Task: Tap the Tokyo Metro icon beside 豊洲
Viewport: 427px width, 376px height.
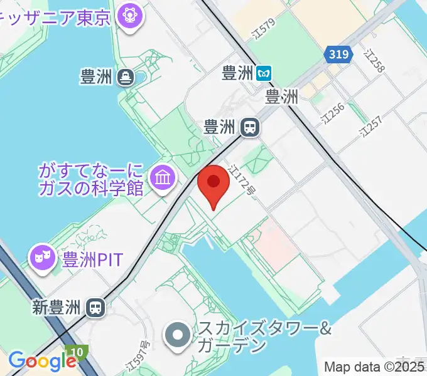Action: tap(266, 73)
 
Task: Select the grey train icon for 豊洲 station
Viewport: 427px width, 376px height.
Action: tap(250, 128)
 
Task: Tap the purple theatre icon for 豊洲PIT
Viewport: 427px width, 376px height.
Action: tap(43, 258)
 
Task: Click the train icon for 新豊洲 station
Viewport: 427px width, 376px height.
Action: tap(96, 308)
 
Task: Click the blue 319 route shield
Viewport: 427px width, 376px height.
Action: tap(338, 55)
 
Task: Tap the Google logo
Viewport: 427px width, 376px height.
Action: tap(42, 361)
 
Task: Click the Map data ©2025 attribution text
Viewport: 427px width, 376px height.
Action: tap(374, 367)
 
